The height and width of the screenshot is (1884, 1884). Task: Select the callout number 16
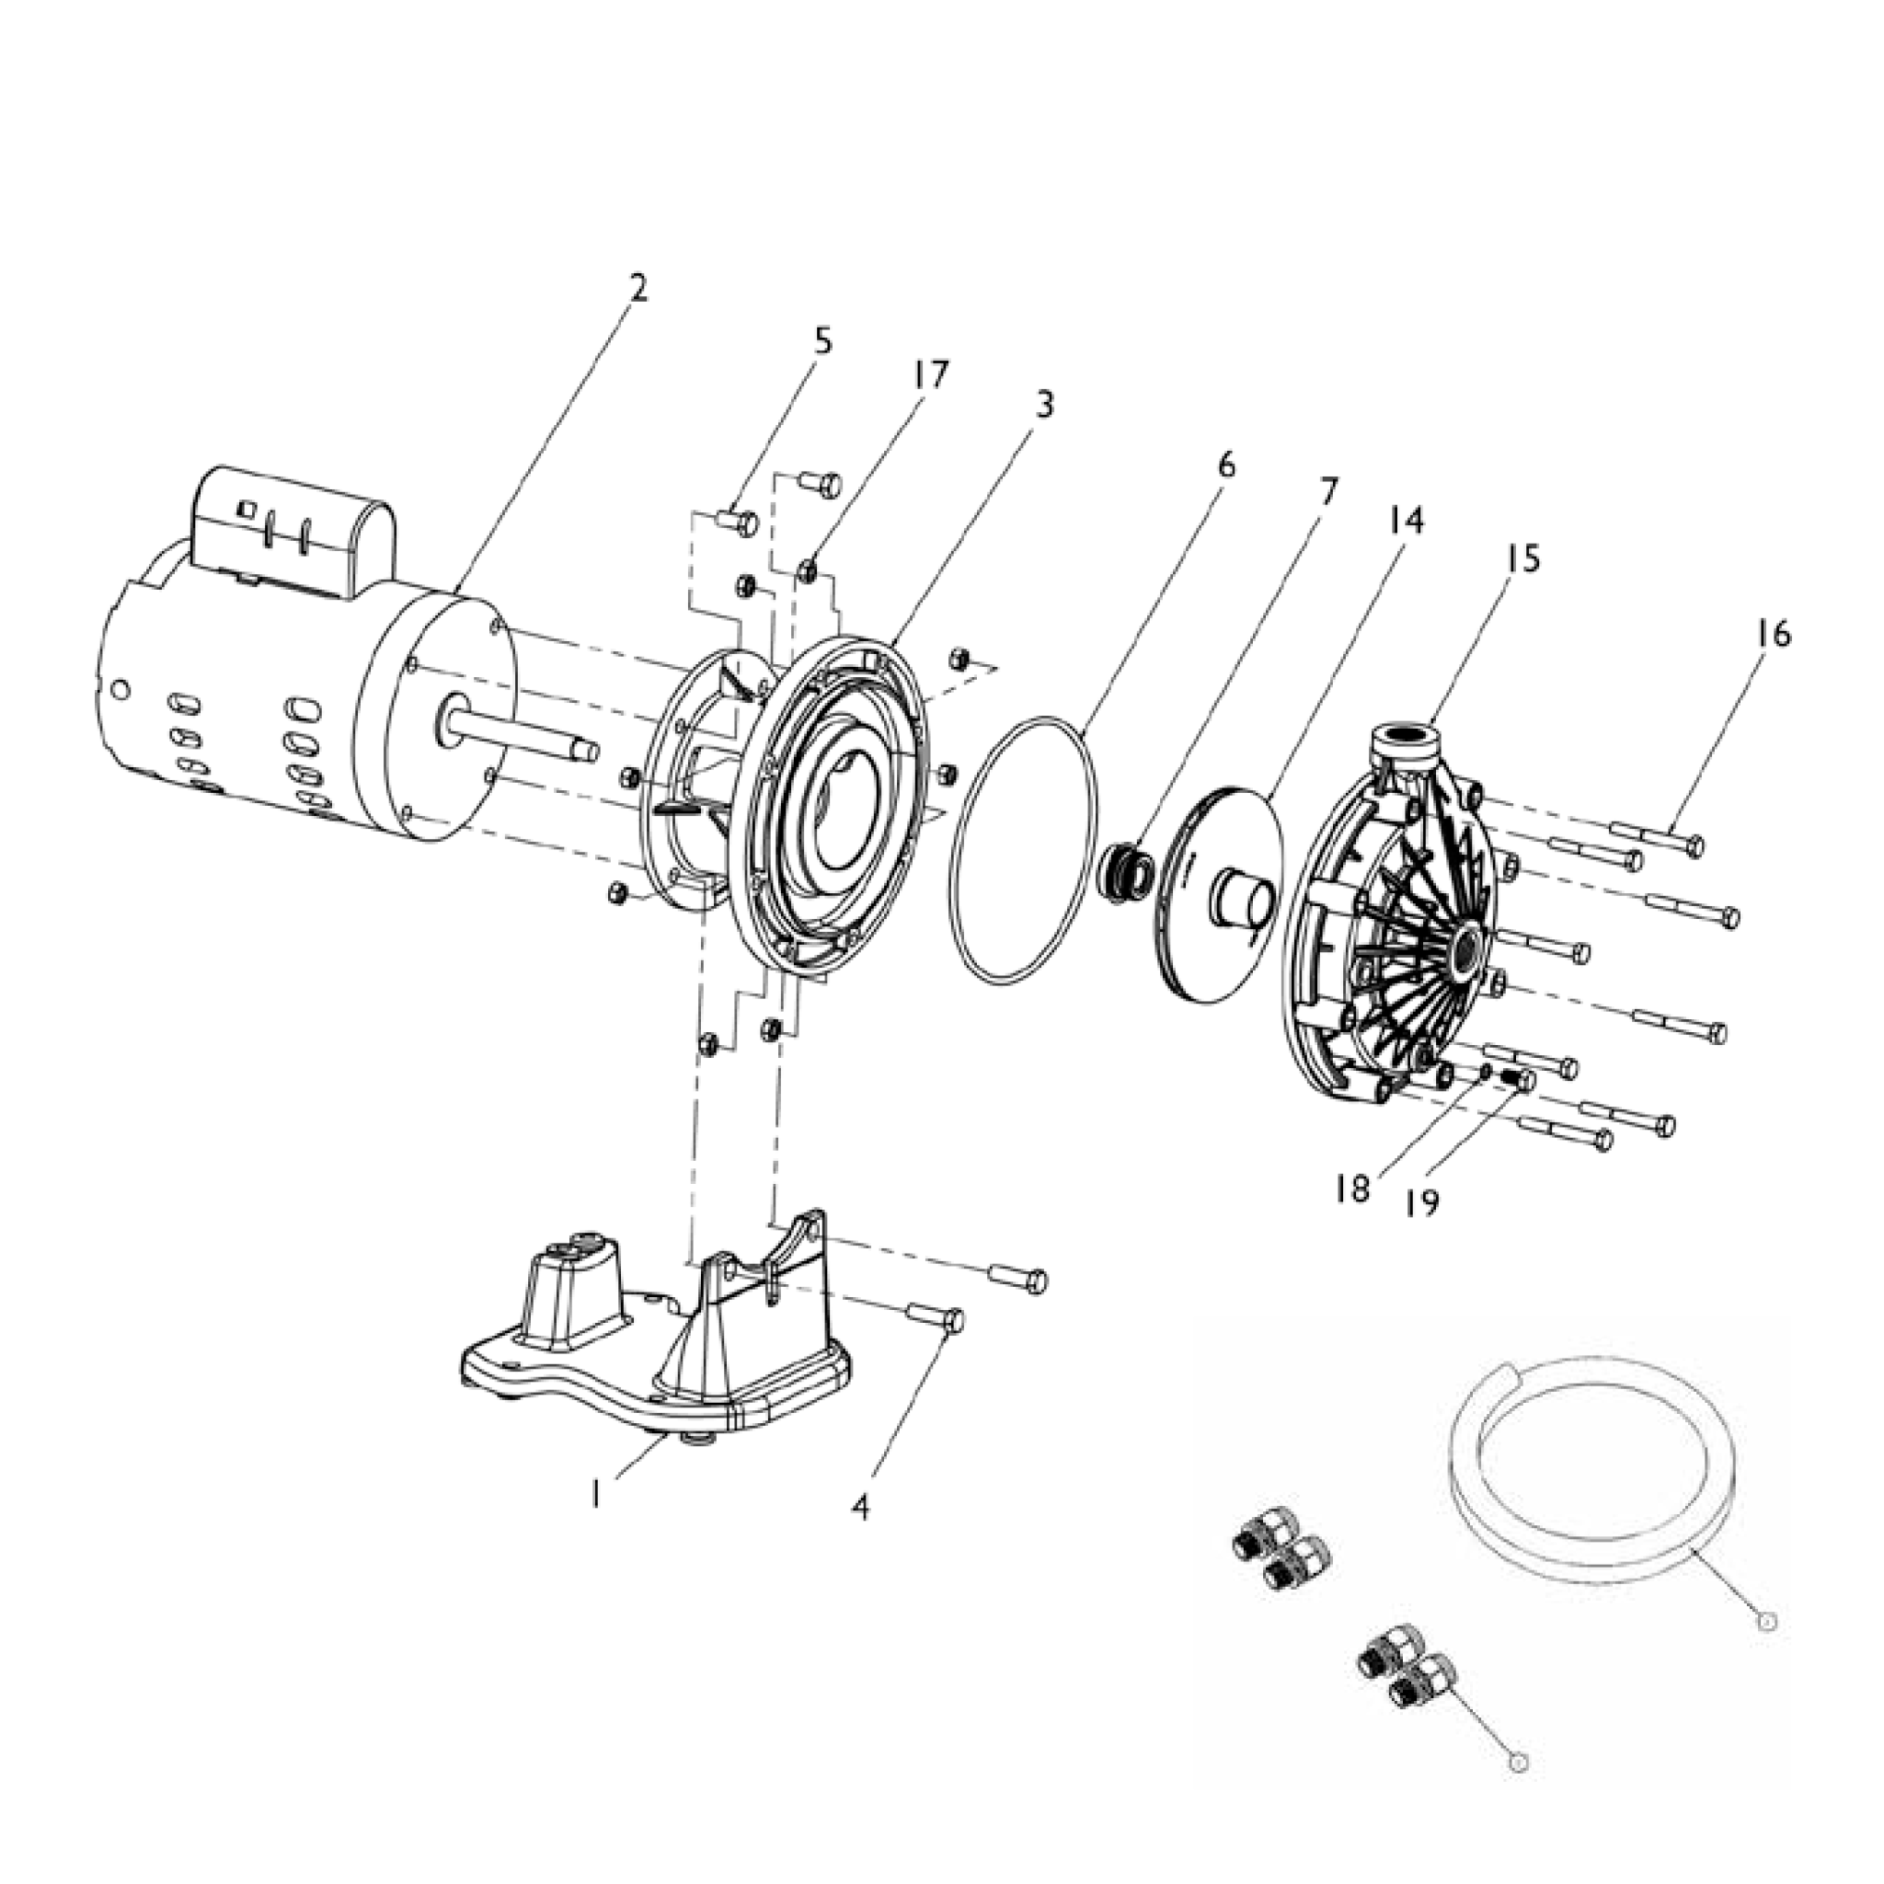(1774, 635)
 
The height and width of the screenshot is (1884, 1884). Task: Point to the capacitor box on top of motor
(293, 532)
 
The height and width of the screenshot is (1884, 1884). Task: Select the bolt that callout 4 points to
(937, 1318)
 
